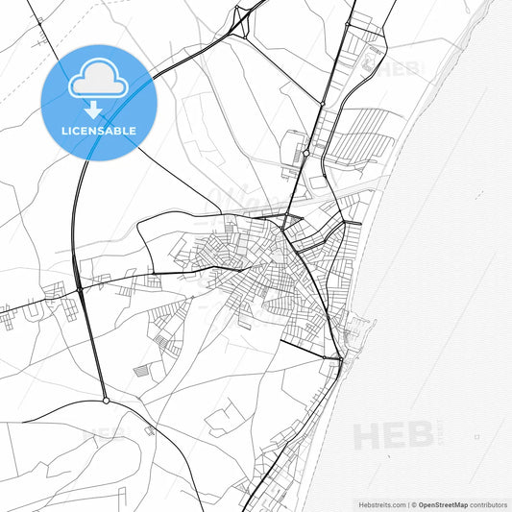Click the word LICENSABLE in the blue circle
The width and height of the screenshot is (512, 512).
pos(98,129)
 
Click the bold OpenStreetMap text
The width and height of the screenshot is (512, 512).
pos(444,502)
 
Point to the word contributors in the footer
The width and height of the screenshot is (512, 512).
pos(488,502)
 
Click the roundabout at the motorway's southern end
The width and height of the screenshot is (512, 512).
pos(106,400)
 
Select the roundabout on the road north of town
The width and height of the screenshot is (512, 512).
pos(306,153)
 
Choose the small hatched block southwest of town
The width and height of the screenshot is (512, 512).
pos(142,371)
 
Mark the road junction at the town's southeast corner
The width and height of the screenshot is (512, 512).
pos(339,358)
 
